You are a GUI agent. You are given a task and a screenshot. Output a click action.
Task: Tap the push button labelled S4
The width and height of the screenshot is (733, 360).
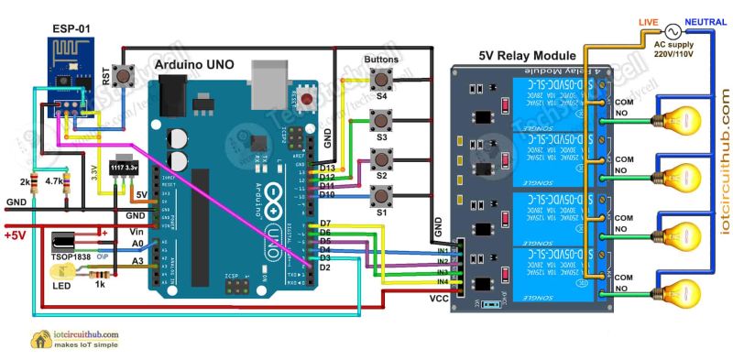pos(380,81)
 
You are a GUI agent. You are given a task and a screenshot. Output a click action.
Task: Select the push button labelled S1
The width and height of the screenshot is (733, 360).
pos(379,195)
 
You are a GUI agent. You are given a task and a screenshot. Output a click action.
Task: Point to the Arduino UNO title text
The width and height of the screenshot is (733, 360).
pos(194,65)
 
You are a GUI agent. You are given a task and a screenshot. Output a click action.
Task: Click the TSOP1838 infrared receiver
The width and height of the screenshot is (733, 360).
pos(72,244)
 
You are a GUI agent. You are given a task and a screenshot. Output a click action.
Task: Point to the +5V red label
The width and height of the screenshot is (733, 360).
pos(16,234)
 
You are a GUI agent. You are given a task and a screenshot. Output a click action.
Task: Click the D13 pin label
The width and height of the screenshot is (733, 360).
pos(325,169)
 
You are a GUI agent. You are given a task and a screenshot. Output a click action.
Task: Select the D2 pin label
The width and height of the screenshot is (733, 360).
pos(323,267)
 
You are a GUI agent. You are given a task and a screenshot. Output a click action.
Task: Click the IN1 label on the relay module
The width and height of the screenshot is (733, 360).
pos(442,249)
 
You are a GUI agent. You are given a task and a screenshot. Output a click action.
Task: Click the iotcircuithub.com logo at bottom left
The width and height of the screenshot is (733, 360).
pos(78,340)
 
